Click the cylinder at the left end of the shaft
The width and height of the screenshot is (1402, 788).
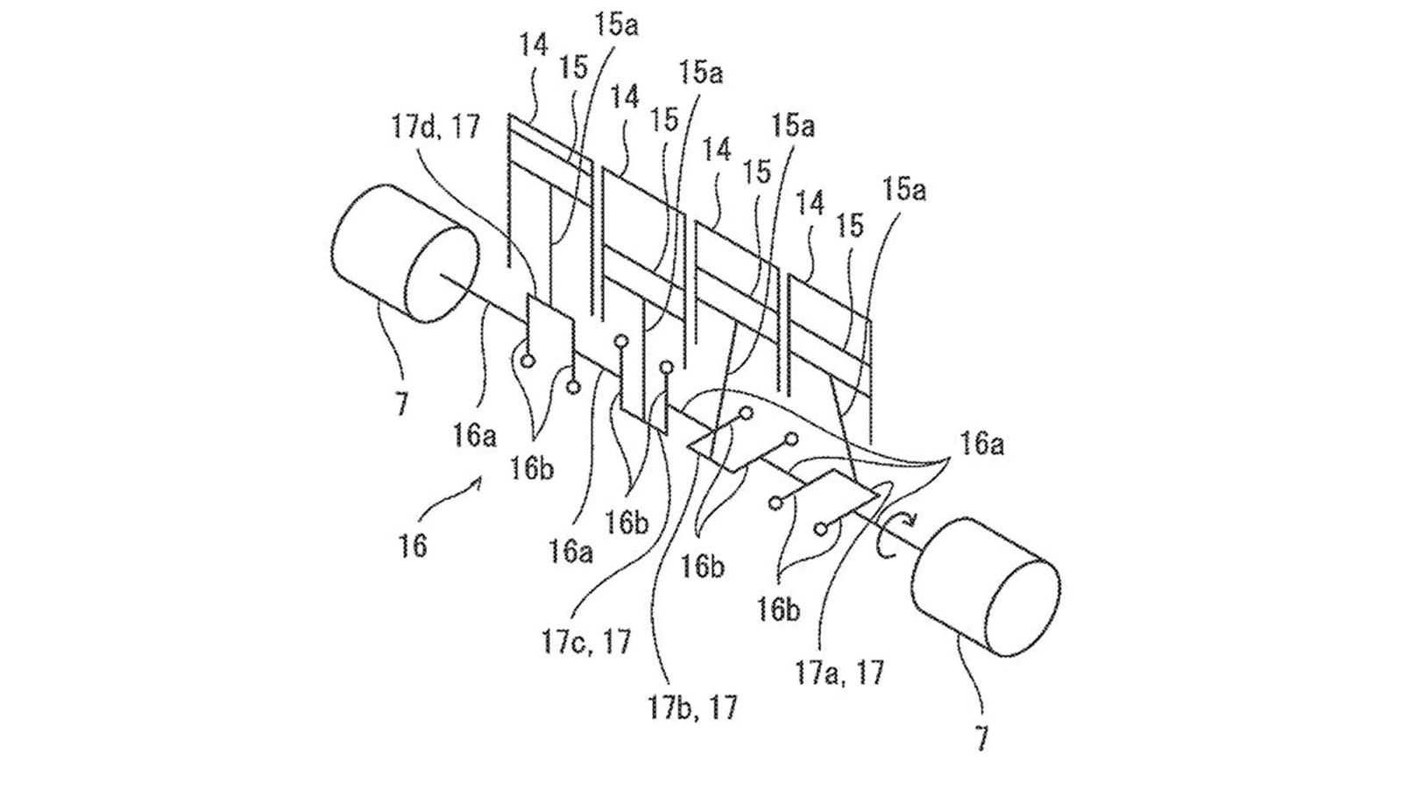pos(404,253)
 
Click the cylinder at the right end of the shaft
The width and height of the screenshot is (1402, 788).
pos(986,586)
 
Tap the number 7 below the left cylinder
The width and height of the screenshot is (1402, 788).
pos(401,403)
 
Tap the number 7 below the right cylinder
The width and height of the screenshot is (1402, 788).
pos(981,737)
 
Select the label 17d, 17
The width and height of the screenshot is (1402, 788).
pos(437,126)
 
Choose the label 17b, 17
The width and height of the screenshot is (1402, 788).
pos(693,708)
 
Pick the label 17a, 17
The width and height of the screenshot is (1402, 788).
pos(839,673)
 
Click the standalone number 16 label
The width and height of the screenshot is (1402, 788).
pos(413,546)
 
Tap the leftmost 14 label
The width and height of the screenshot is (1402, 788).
pos(534,46)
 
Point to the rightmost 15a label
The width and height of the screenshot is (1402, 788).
pos(903,189)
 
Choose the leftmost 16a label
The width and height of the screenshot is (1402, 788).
pos(475,436)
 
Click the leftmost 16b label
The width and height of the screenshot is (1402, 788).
pos(532,469)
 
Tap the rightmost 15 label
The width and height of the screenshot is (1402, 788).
pos(849,227)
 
